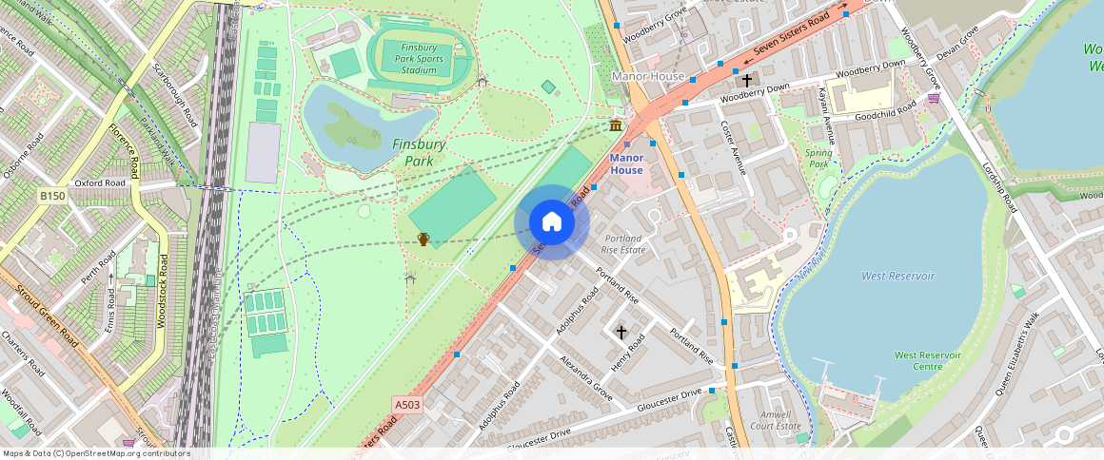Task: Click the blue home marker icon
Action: click(552, 222)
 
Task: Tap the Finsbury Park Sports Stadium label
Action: click(419, 58)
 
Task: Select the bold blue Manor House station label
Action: click(626, 163)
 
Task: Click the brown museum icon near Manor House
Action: click(617, 125)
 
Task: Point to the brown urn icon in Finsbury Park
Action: click(424, 239)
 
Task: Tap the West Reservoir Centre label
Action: click(918, 360)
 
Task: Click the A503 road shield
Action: click(406, 405)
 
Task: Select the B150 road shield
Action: click(52, 196)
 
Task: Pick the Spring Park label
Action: click(818, 158)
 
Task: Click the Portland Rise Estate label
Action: click(623, 243)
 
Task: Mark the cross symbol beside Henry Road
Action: click(621, 332)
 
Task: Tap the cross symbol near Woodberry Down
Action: click(747, 81)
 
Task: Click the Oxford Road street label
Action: click(100, 182)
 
